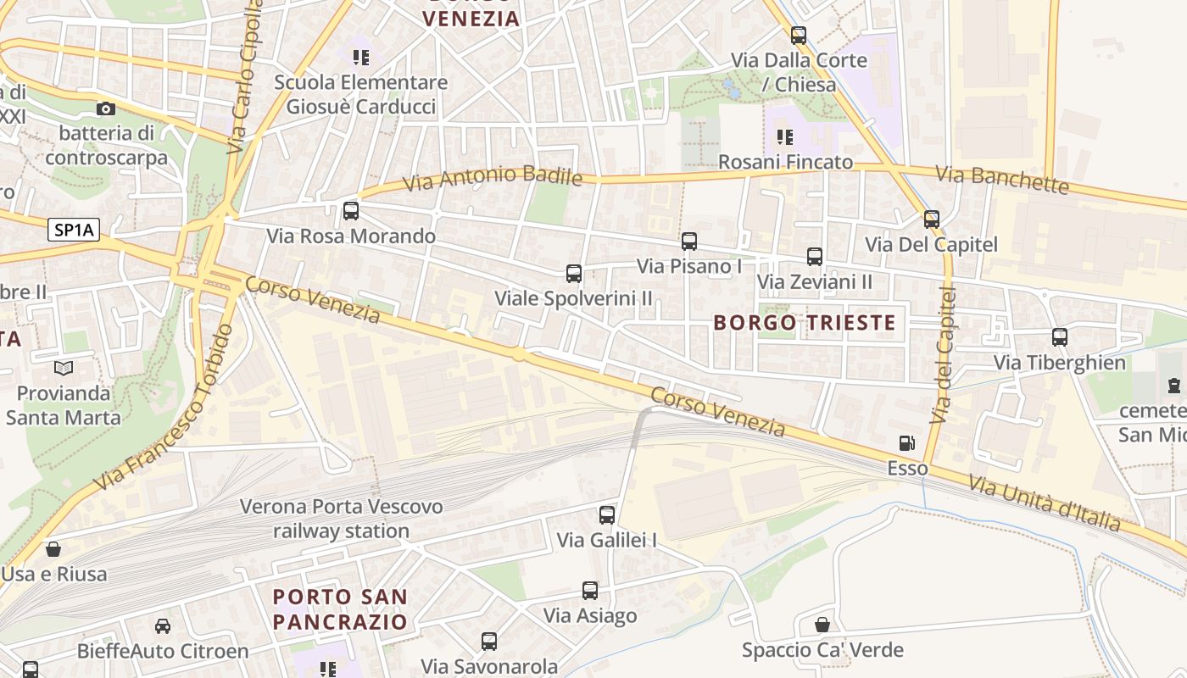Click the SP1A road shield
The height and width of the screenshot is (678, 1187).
pos(73,229)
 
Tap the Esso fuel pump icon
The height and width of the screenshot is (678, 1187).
pos(906,443)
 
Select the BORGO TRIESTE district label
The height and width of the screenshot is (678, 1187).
pos(804,323)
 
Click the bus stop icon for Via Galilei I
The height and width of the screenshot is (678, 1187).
pos(607,514)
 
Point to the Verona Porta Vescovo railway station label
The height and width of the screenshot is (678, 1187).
pos(342,519)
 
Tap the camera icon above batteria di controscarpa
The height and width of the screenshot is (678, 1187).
pos(106,108)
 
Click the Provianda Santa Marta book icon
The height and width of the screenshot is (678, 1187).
pos(64,368)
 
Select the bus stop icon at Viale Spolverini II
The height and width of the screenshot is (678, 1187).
pos(574,273)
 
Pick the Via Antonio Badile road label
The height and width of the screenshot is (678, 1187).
pos(492,178)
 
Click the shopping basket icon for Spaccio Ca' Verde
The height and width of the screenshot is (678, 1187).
pos(822,625)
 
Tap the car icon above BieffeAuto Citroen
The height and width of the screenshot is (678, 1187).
pos(162,626)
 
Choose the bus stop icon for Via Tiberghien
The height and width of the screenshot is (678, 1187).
pos(1060,337)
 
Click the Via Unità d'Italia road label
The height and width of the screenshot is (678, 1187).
pos(1045,503)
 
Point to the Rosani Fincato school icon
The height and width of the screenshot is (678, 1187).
pos(785,136)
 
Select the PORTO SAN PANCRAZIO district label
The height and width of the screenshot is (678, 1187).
pos(340,609)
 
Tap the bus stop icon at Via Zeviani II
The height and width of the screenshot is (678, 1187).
pos(815,256)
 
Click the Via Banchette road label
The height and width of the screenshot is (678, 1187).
pos(1001,179)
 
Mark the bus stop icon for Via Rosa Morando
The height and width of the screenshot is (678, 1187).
pos(351,210)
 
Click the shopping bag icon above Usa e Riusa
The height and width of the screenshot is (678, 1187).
pos(53,549)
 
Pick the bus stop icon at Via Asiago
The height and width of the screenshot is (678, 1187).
pos(590,591)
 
